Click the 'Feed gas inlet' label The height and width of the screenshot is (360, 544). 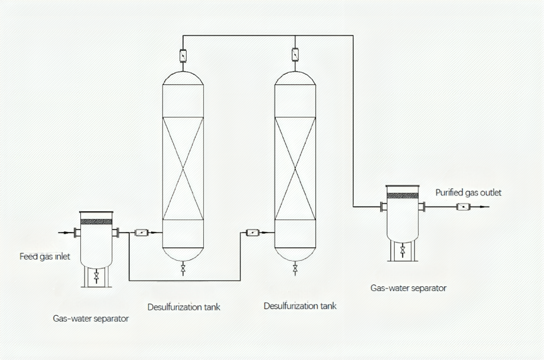click(45, 257)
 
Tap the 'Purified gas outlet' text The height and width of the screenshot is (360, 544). click(468, 192)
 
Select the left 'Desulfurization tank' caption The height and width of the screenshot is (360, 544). click(183, 306)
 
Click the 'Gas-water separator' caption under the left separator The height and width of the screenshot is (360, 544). click(90, 319)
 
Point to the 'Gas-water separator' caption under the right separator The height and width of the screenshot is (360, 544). click(408, 289)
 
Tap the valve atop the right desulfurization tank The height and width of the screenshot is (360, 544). click(295, 55)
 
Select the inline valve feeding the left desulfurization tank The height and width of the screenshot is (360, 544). click(142, 233)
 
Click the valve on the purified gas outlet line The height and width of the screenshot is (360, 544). click(463, 207)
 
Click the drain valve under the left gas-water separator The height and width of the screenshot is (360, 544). click(96, 275)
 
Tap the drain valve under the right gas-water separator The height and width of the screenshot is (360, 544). click(402, 251)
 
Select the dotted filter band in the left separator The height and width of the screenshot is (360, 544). click(96, 221)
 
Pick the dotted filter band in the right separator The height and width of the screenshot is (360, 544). click(402, 195)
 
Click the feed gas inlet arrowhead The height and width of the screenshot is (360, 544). click(78, 233)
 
